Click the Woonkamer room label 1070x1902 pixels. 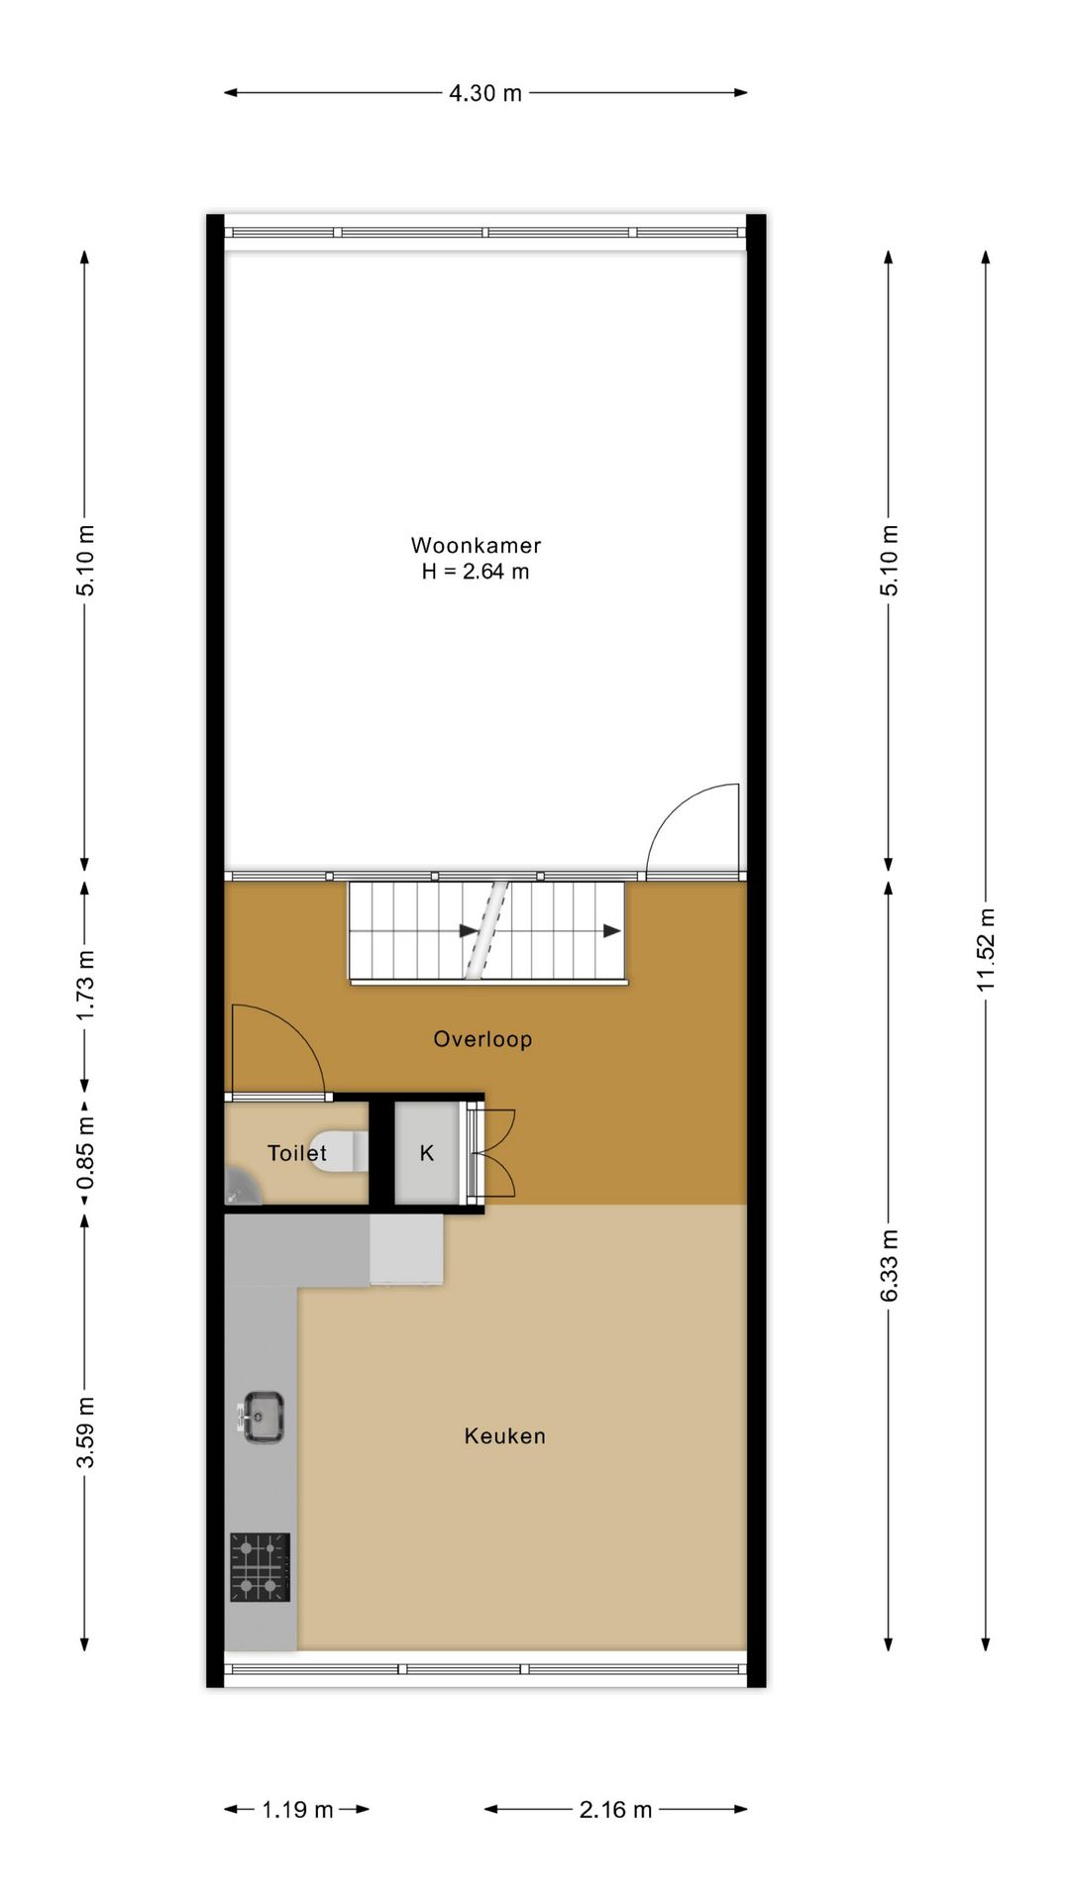[x=476, y=545]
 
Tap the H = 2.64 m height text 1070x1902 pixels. [x=476, y=572]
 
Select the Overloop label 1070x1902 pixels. [x=482, y=1039]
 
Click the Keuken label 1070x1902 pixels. [x=504, y=1435]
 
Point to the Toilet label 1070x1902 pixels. [x=296, y=1153]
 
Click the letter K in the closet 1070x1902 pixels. [x=427, y=1153]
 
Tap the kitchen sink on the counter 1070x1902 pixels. [x=264, y=1418]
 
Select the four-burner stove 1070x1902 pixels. [x=260, y=1567]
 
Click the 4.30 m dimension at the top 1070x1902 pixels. [x=485, y=93]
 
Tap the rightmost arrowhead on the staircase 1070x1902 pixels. [x=612, y=931]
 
